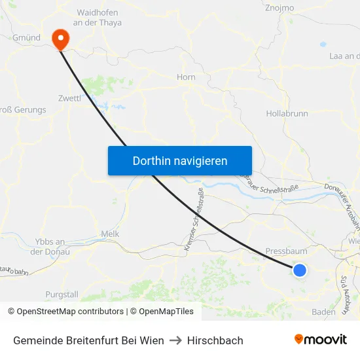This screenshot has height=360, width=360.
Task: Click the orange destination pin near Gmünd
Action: pyautogui.click(x=60, y=38)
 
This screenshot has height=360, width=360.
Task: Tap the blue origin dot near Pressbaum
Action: pyautogui.click(x=300, y=270)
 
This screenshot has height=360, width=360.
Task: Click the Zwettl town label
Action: pyautogui.click(x=69, y=98)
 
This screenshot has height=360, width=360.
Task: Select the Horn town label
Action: pyautogui.click(x=186, y=77)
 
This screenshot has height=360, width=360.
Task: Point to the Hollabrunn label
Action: pyautogui.click(x=287, y=113)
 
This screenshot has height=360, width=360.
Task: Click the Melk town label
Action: pyautogui.click(x=110, y=234)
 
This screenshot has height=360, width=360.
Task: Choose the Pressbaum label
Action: pyautogui.click(x=286, y=251)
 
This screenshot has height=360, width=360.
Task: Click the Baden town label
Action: pyautogui.click(x=323, y=312)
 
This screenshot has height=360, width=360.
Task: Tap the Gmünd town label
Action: pyautogui.click(x=26, y=38)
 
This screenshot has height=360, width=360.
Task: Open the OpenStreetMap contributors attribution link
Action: pyautogui.click(x=70, y=312)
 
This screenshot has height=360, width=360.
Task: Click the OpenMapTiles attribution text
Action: pyautogui.click(x=164, y=312)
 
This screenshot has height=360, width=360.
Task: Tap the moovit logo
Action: pyautogui.click(x=321, y=339)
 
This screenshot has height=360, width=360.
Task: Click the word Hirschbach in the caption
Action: pyautogui.click(x=215, y=340)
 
